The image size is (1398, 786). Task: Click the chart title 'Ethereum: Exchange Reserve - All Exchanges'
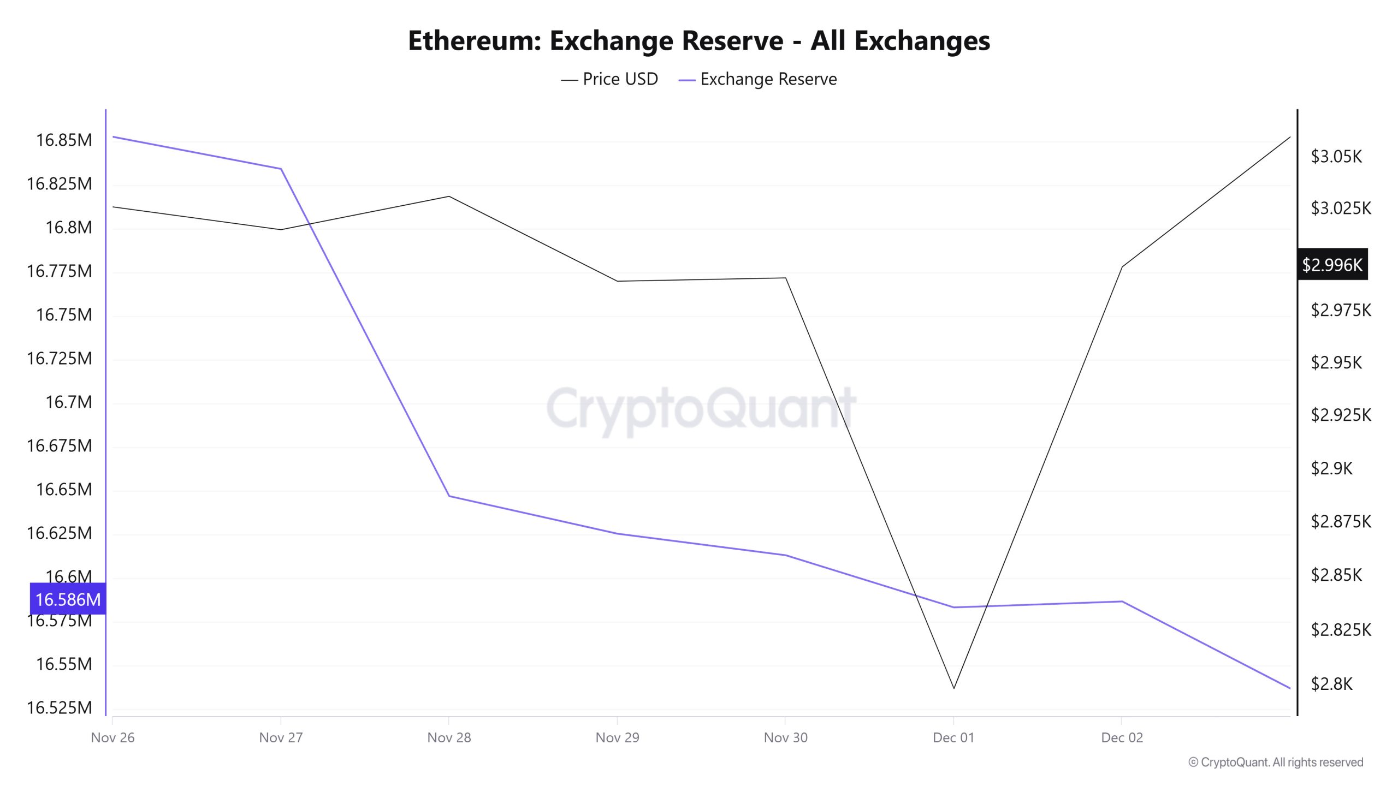[698, 40]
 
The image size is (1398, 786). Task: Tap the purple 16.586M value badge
[68, 599]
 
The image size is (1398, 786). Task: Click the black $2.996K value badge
[1332, 265]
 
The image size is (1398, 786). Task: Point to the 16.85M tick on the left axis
[64, 140]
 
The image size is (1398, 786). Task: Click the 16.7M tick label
[69, 402]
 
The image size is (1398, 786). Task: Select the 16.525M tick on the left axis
[60, 708]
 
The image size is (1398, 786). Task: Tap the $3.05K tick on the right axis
[1336, 157]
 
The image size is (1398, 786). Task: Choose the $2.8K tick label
[1331, 684]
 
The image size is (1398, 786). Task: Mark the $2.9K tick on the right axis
[1331, 468]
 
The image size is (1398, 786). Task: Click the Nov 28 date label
[449, 738]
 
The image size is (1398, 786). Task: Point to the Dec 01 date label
[953, 738]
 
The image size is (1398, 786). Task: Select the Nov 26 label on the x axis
[112, 738]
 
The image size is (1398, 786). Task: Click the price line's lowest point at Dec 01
[954, 688]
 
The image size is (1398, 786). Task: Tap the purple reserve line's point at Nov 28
[449, 496]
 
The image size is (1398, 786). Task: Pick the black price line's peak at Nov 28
[449, 196]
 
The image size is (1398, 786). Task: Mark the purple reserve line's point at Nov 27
[281, 169]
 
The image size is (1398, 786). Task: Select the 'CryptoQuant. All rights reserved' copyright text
[1276, 763]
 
